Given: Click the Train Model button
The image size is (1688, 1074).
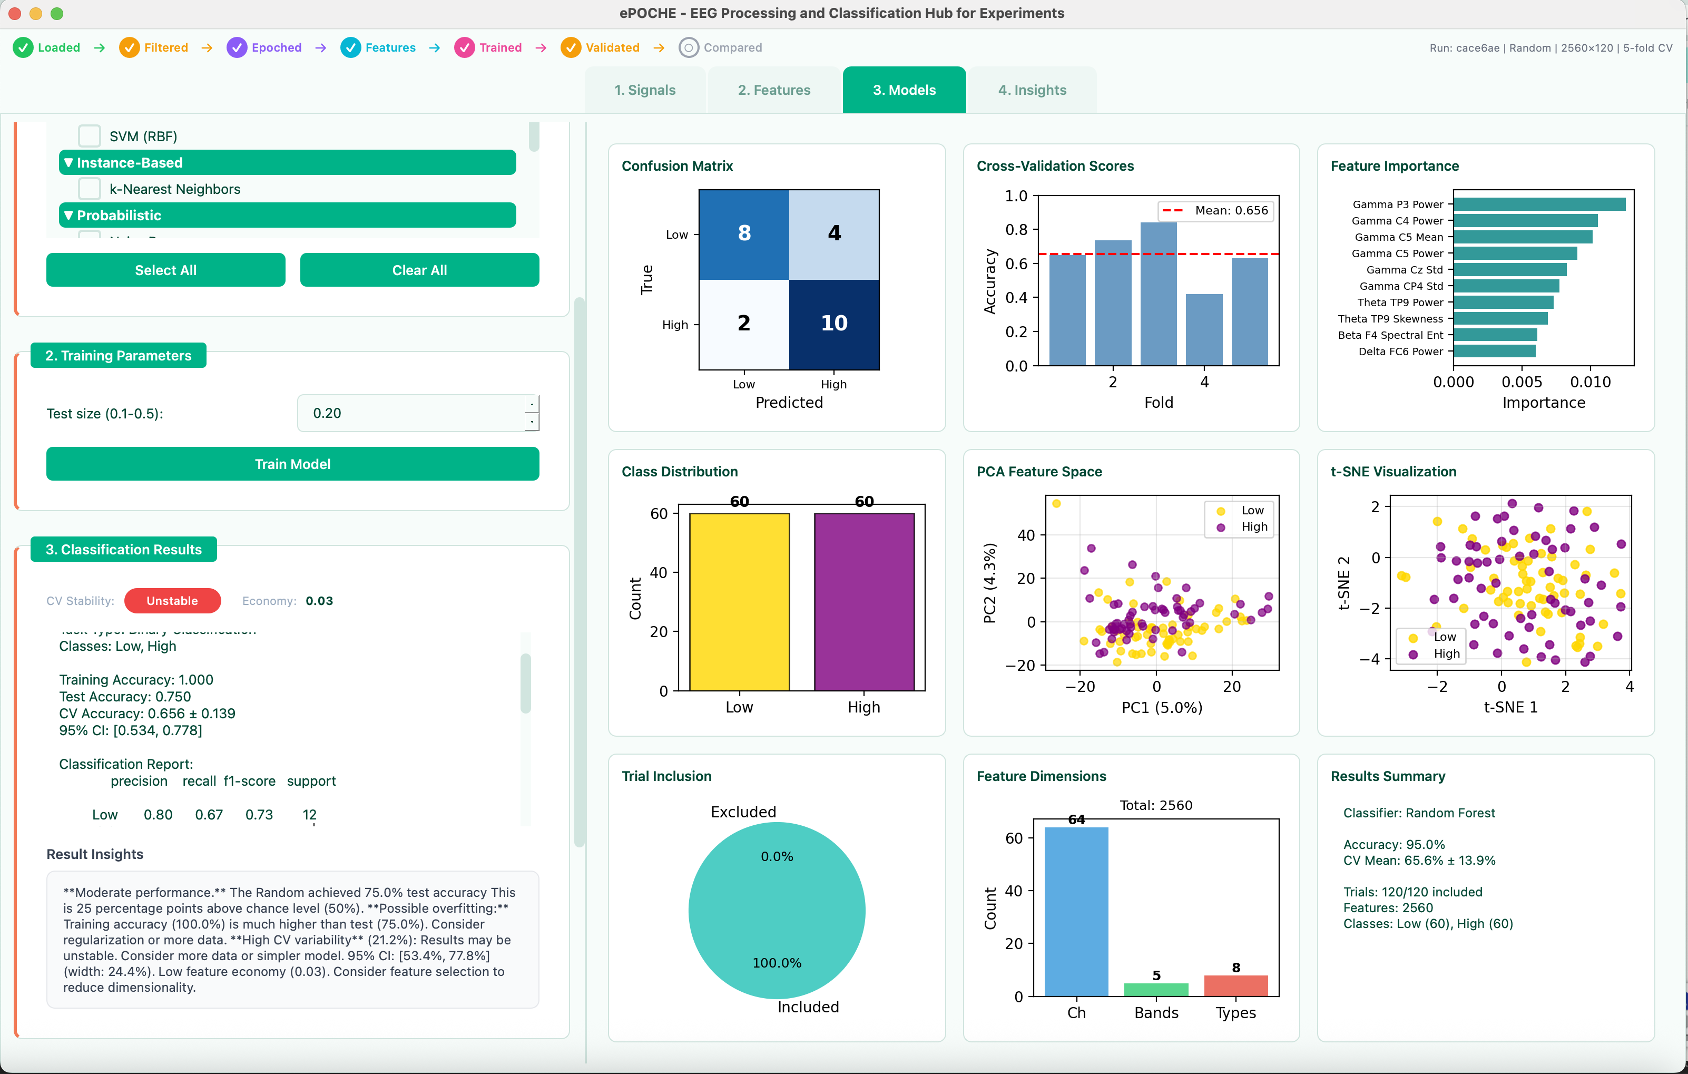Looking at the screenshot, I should [x=292, y=464].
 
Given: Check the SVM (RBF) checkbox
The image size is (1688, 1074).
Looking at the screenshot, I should [x=89, y=136].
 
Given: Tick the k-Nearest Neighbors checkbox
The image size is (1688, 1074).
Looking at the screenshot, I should [x=89, y=189].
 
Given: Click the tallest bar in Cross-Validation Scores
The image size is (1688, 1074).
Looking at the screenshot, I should [x=1158, y=295].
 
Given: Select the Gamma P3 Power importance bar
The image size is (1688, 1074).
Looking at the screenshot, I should [x=1539, y=204].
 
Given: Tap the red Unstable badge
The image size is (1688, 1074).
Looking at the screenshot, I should [x=172, y=601].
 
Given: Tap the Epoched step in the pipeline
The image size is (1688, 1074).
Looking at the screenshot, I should [x=264, y=47].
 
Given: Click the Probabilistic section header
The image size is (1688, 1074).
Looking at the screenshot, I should [x=288, y=215].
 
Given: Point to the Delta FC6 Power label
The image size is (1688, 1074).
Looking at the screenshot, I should [x=1400, y=351].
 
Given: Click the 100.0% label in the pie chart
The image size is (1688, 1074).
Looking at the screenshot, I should [x=777, y=962].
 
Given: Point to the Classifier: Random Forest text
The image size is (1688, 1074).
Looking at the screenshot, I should [x=1419, y=813].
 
